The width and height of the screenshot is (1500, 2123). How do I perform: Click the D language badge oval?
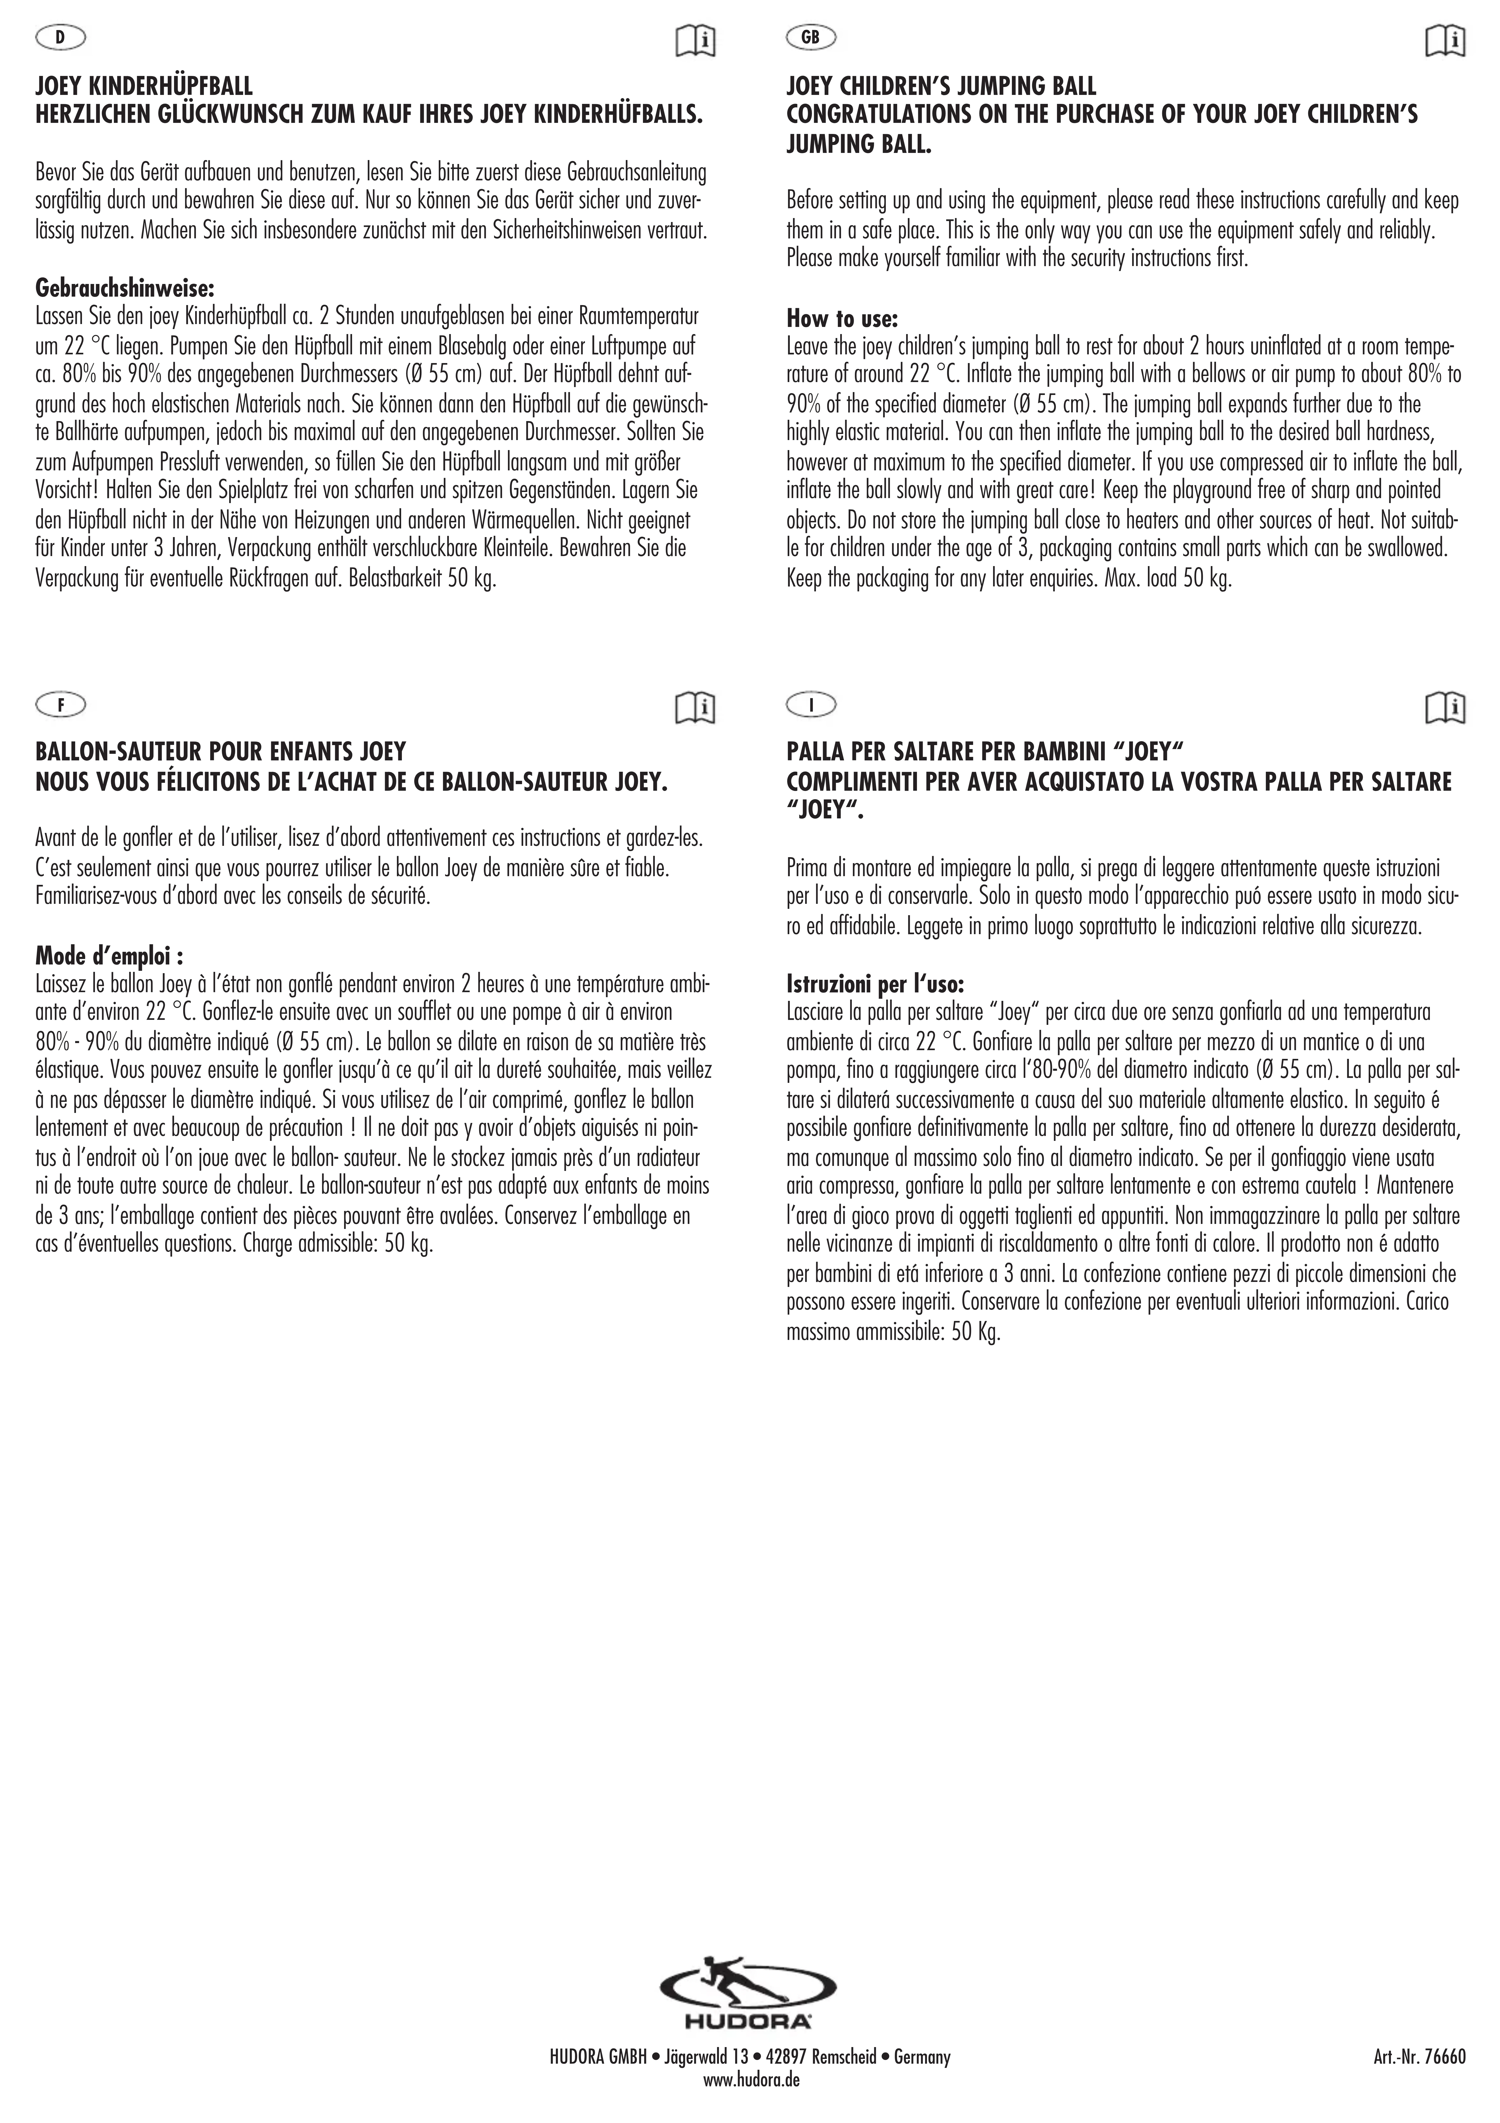(60, 38)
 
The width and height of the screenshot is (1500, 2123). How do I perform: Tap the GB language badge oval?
(811, 38)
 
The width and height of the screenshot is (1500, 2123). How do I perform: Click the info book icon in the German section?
(695, 41)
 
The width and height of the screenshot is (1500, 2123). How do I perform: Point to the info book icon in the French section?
(695, 707)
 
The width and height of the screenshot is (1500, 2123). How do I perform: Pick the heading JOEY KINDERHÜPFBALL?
(143, 87)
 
